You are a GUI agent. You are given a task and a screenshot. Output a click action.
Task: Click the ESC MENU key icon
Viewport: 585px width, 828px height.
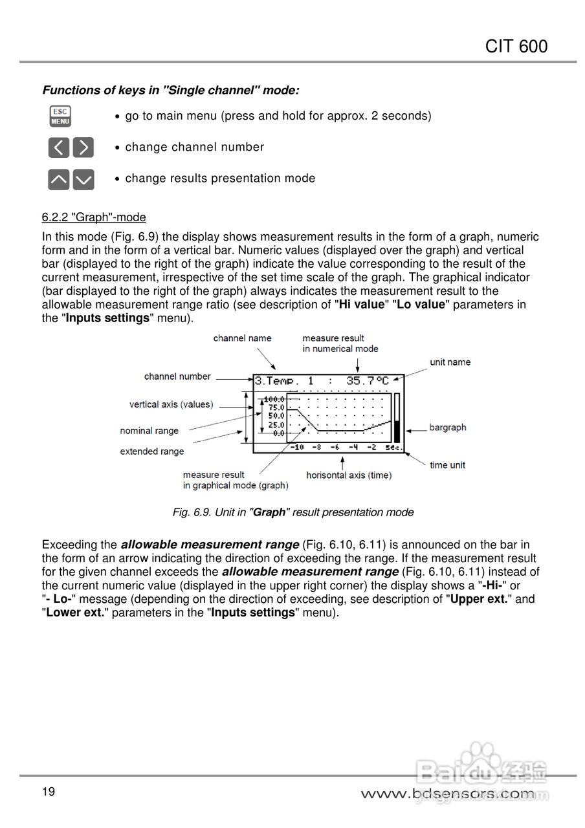[x=60, y=116]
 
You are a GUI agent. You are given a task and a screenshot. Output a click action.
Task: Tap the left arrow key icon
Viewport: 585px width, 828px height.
[x=59, y=147]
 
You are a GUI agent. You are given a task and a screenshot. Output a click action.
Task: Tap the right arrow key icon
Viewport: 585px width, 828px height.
[x=83, y=147]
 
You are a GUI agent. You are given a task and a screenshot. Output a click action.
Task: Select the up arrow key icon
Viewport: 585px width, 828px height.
[x=59, y=179]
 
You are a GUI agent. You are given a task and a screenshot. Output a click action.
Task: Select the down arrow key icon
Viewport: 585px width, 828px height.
[x=83, y=179]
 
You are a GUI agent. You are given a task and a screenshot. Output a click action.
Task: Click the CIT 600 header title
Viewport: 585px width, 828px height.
[x=516, y=47]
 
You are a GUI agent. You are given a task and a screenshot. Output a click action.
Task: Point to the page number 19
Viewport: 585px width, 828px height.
[x=49, y=792]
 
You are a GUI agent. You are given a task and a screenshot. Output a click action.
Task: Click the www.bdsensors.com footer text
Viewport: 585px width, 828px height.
[x=448, y=793]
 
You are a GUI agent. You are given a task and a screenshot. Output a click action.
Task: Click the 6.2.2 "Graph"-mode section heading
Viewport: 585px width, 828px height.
[x=94, y=217]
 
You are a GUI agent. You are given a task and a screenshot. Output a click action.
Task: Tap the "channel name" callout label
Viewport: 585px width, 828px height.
[x=242, y=338]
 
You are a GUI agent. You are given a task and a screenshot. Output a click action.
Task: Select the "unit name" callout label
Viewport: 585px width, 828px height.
[x=450, y=362]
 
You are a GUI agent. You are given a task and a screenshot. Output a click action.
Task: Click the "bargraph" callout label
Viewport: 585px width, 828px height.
[x=447, y=428]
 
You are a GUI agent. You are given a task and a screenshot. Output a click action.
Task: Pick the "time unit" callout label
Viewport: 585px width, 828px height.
[x=447, y=465]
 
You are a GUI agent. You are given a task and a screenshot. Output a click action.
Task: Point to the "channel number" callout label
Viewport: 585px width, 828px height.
[x=177, y=376]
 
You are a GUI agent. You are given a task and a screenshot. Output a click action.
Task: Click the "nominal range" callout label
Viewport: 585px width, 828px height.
[x=149, y=431]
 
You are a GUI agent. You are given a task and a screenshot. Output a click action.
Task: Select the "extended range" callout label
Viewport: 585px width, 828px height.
[x=151, y=452]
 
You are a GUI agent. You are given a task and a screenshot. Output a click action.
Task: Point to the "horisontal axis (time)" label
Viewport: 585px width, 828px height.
[x=349, y=475]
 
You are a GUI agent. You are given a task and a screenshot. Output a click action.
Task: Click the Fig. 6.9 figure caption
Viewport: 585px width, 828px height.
[x=292, y=512]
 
